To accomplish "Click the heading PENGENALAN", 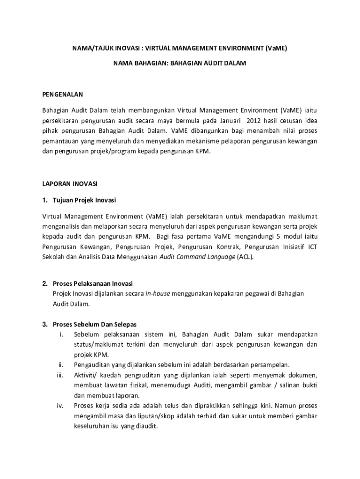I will pos(63,94).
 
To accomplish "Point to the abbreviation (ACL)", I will pos(245,257).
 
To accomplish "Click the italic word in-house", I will pos(158,293).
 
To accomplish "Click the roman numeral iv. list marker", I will pos(60,406).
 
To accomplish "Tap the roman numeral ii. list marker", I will pos(61,364).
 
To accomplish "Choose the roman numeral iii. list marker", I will pos(60,375).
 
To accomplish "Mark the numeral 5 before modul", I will pos(277,236).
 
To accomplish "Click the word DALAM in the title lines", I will pos(235,62).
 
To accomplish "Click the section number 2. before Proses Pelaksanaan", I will pos(45,283).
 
